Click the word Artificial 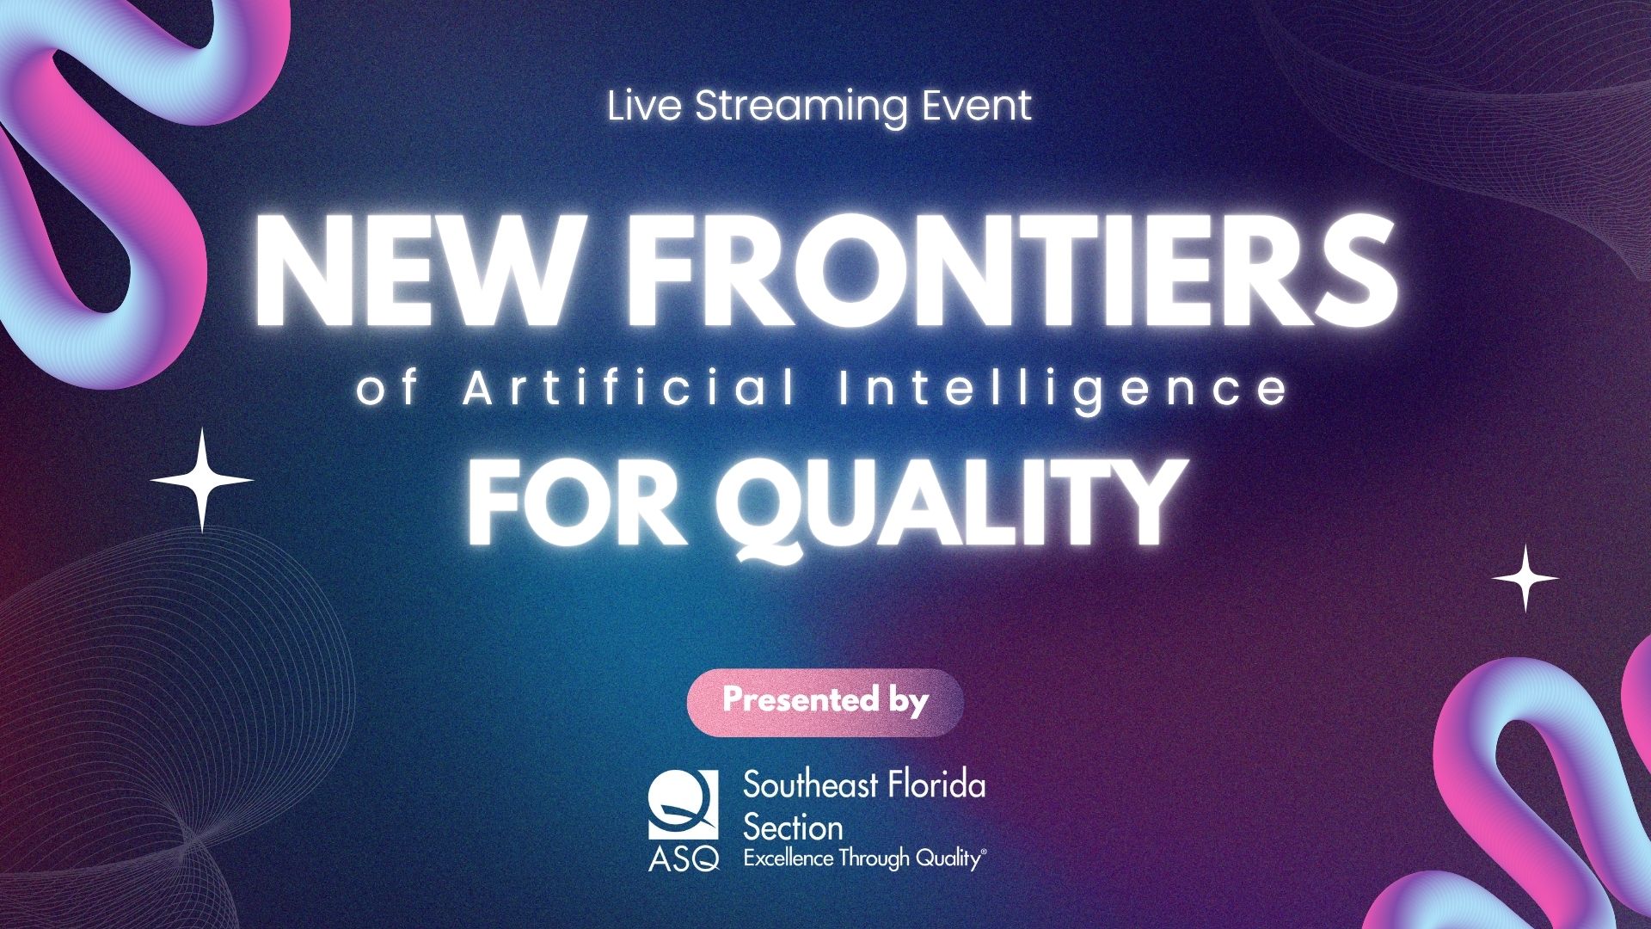[x=630, y=388]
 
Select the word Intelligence [x=1063, y=391]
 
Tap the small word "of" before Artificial [x=388, y=389]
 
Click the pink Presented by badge [x=825, y=702]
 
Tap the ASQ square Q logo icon [x=683, y=804]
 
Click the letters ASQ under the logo [x=684, y=859]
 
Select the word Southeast [x=811, y=784]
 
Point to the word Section [x=793, y=827]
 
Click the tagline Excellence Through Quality [x=864, y=858]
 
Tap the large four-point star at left [x=202, y=480]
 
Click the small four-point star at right [x=1525, y=578]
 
